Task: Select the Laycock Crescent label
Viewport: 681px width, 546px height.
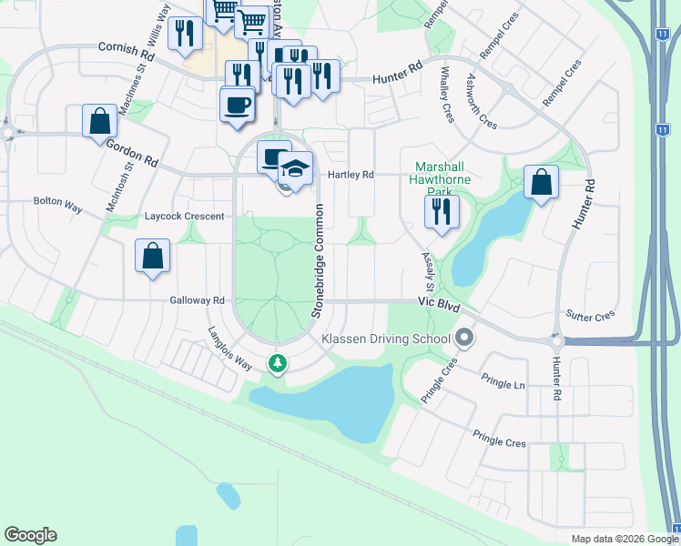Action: click(x=184, y=217)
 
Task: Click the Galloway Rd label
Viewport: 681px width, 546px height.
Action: click(x=197, y=300)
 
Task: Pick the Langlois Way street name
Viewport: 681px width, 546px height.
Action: click(x=229, y=347)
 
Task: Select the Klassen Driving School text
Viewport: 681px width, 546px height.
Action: click(x=386, y=339)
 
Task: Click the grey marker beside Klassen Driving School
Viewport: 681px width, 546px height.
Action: click(x=465, y=339)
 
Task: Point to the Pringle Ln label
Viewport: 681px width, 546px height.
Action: click(x=506, y=385)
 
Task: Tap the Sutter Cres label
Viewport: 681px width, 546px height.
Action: click(x=591, y=316)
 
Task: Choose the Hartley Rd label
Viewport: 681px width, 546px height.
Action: click(x=351, y=175)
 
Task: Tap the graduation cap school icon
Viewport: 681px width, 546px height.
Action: click(x=294, y=167)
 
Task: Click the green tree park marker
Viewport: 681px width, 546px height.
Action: click(x=278, y=363)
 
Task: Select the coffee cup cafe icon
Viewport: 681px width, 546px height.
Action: click(x=237, y=104)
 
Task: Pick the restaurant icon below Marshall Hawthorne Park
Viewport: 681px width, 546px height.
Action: click(x=442, y=212)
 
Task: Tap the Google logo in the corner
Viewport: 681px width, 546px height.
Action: click(x=30, y=535)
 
